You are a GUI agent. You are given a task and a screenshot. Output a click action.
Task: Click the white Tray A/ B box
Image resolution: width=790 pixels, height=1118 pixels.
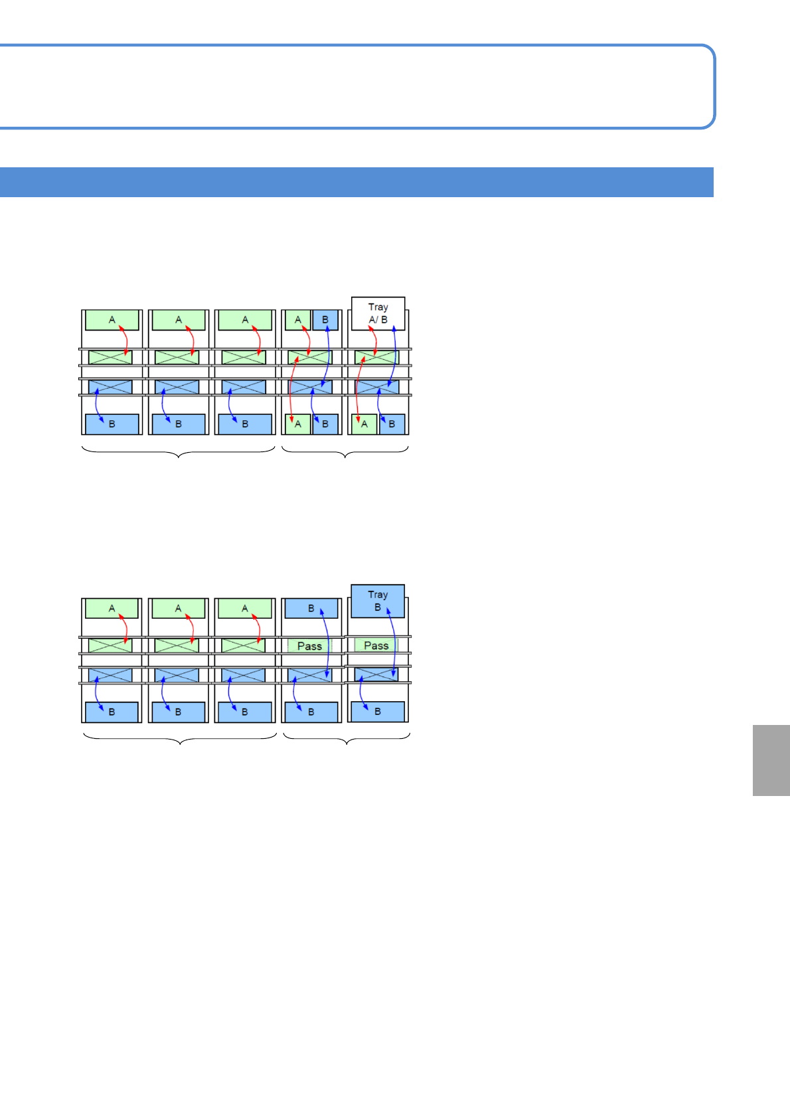click(378, 313)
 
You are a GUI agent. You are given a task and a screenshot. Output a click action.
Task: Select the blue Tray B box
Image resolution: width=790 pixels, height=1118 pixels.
click(377, 601)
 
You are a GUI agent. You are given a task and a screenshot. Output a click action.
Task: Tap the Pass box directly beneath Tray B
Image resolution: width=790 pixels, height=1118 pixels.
click(376, 645)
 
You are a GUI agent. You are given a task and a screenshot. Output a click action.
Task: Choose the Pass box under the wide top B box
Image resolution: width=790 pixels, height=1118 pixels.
click(309, 646)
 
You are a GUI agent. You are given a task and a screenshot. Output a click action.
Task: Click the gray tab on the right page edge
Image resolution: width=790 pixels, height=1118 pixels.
click(771, 760)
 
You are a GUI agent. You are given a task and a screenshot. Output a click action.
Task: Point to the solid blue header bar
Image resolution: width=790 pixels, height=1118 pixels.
click(356, 183)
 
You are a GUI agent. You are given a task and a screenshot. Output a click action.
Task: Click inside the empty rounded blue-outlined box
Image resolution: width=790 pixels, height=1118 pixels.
click(356, 86)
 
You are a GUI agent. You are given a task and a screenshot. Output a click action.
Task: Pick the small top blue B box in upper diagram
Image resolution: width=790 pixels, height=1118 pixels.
click(325, 320)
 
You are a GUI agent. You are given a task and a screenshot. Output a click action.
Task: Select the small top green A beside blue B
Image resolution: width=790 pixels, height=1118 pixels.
click(298, 320)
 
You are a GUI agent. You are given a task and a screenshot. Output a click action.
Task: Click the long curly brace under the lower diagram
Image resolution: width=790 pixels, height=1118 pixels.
click(180, 739)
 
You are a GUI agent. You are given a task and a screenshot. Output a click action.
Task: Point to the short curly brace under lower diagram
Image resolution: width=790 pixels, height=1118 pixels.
click(347, 739)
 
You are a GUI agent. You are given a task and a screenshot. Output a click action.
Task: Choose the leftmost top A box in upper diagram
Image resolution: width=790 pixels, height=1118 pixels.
click(112, 320)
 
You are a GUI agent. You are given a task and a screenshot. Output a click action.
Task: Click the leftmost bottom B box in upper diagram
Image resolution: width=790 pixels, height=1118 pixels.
click(112, 424)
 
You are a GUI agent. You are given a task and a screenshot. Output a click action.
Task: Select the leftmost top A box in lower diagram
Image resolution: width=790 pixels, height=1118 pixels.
click(112, 608)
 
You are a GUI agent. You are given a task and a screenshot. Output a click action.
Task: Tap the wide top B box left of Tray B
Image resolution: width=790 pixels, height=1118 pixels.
click(311, 608)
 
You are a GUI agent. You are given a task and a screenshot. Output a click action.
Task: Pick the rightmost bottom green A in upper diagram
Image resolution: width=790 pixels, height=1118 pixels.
click(364, 424)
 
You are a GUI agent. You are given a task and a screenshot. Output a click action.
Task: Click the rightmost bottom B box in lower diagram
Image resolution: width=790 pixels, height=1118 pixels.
click(378, 712)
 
